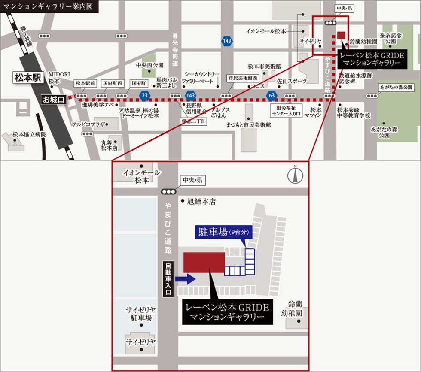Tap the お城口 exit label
pyautogui.click(x=53, y=99)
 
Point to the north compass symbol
pyautogui.click(x=296, y=175)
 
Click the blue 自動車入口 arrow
pyautogui.click(x=186, y=279)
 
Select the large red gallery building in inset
pyautogui.click(x=204, y=262)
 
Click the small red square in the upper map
pyautogui.click(x=342, y=35)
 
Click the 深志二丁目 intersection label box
pyautogui.click(x=193, y=121)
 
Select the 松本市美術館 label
pyautogui.click(x=264, y=67)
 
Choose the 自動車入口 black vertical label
pyautogui.click(x=168, y=279)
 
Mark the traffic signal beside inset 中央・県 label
pyautogui.click(x=168, y=192)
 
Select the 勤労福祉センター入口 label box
pyautogui.click(x=287, y=111)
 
